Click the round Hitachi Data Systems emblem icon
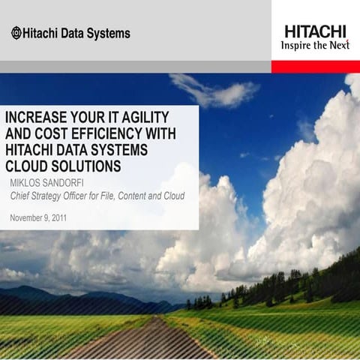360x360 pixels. pyautogui.click(x=16, y=33)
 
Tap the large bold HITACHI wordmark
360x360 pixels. pyautogui.click(x=315, y=31)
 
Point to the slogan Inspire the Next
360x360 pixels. pyautogui.click(x=315, y=45)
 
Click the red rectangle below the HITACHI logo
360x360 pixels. pyautogui.click(x=315, y=67)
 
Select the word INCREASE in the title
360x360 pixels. pyautogui.click(x=38, y=118)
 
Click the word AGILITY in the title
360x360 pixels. pyautogui.click(x=142, y=118)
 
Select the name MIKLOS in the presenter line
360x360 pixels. pyautogui.click(x=29, y=182)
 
